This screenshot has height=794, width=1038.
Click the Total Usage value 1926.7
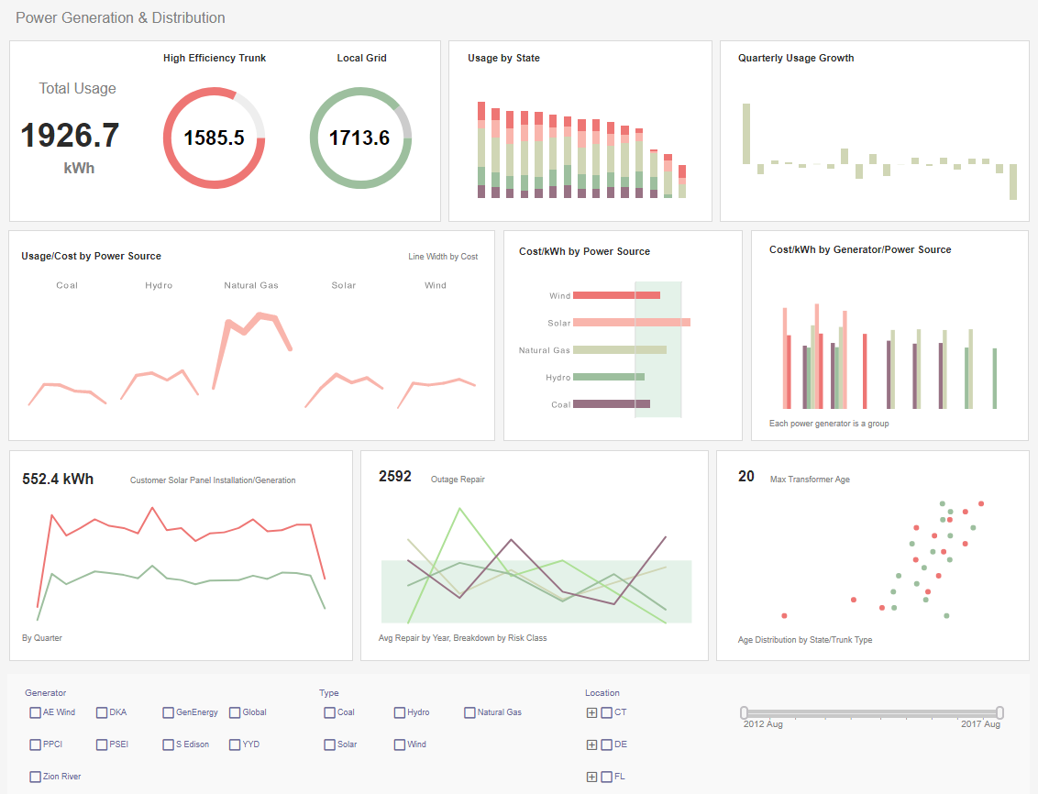[70, 136]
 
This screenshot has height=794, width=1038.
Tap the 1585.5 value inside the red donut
[214, 138]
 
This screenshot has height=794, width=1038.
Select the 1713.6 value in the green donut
[359, 138]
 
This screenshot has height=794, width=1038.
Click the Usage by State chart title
[503, 58]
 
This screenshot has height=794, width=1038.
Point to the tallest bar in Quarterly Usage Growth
[746, 134]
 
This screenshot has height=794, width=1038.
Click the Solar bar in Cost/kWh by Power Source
[631, 323]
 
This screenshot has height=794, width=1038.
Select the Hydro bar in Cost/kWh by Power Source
[608, 377]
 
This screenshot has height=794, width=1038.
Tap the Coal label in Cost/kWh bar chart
[560, 404]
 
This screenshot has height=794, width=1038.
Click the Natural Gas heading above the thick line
[251, 285]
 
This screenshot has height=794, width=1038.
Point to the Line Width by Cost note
[443, 257]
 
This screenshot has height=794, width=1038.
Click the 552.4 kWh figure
[58, 479]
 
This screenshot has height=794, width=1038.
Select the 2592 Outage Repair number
[395, 477]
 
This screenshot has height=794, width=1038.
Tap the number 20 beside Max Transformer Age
[746, 477]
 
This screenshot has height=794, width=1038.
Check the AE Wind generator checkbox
[35, 712]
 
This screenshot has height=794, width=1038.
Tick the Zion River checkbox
[35, 777]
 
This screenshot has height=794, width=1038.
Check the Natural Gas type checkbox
[469, 712]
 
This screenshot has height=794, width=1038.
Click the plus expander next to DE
[591, 744]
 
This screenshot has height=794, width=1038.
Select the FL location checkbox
[606, 777]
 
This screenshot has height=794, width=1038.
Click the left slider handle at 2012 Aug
[745, 712]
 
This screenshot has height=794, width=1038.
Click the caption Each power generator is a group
[828, 424]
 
